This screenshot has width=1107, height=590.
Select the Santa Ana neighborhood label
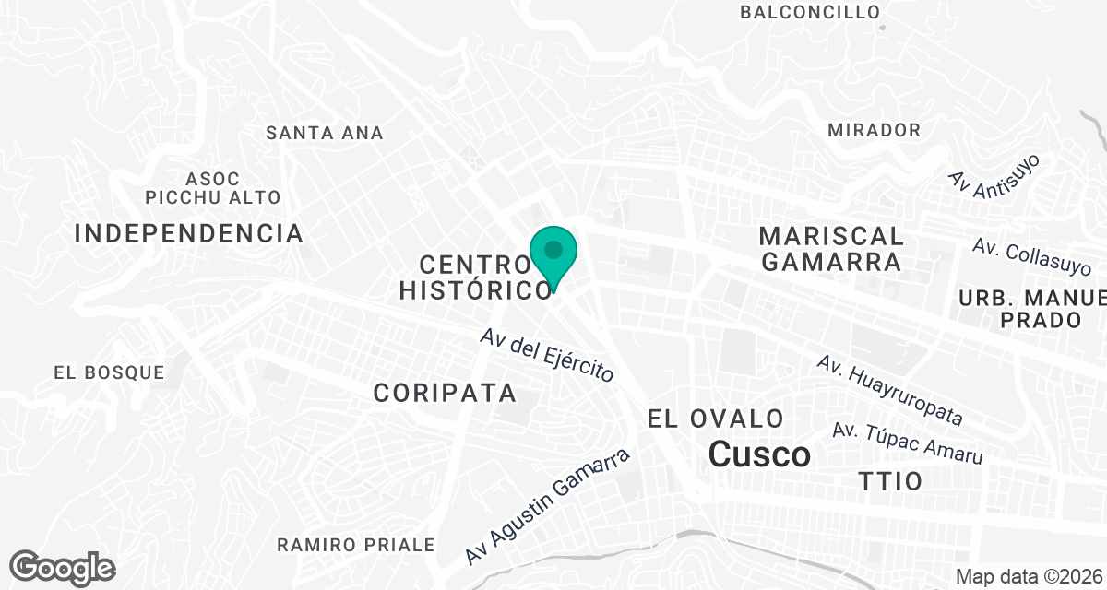324,133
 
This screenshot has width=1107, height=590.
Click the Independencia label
189,233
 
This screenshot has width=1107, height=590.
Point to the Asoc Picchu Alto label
212,188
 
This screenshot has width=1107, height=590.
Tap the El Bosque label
109,373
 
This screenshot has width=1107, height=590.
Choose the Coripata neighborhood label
445,393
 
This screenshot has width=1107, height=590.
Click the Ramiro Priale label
356,545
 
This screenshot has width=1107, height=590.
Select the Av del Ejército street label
547,355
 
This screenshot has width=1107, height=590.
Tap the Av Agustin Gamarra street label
548,506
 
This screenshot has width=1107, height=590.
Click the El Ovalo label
716,419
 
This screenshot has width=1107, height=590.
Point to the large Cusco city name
760,454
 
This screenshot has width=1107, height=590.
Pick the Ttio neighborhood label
890,481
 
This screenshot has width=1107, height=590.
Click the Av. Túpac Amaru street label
907,442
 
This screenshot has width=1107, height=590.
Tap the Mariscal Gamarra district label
831,248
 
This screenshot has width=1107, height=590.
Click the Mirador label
874,130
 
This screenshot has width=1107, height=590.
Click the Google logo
62,568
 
